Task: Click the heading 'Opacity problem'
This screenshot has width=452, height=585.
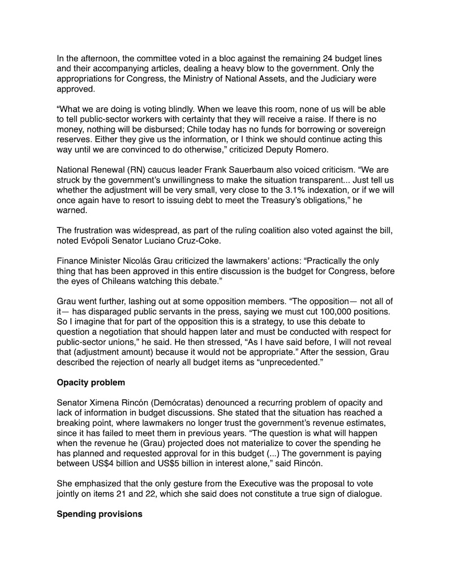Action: point(91,382)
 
